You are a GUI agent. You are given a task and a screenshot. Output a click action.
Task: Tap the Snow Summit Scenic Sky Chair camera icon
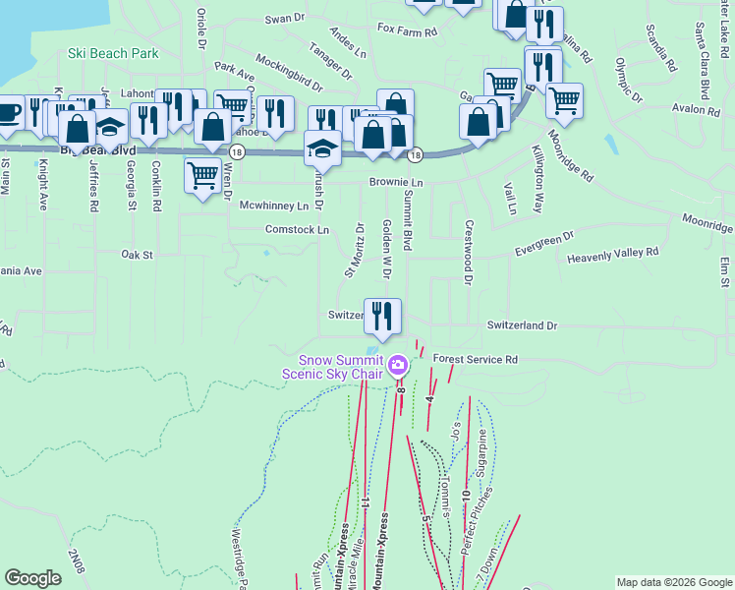click(398, 366)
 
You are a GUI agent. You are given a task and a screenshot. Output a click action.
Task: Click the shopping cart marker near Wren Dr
click(202, 176)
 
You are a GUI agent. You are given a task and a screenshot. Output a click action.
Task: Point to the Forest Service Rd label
click(475, 360)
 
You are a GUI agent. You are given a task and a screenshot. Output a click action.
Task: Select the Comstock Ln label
click(297, 229)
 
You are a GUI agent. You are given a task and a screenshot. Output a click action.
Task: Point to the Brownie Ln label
click(396, 183)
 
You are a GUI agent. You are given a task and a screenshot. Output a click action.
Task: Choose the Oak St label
click(138, 255)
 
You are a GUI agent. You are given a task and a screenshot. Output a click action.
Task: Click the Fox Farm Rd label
click(407, 30)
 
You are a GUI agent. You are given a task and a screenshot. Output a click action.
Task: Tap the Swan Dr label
click(286, 18)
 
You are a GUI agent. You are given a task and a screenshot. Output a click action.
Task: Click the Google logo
click(32, 578)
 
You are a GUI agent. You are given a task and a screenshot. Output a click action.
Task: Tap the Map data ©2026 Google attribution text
click(674, 582)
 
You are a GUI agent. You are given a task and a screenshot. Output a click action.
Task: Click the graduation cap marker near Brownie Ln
click(322, 147)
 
